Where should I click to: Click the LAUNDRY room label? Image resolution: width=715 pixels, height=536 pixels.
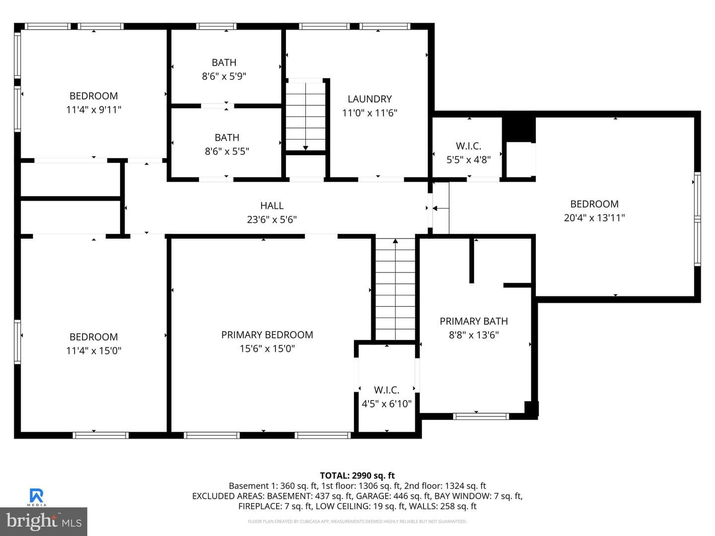click(369, 99)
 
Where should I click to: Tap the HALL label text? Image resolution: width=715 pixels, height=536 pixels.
click(272, 205)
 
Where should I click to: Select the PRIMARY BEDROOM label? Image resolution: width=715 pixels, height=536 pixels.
click(267, 335)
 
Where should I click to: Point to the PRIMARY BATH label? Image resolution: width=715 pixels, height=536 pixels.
click(474, 321)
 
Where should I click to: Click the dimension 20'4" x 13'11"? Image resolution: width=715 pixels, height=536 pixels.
click(594, 218)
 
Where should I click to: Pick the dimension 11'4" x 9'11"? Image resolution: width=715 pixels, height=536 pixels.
click(93, 110)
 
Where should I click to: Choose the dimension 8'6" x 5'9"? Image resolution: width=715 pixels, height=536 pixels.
click(224, 76)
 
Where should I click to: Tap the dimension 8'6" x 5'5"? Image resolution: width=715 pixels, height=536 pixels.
click(227, 151)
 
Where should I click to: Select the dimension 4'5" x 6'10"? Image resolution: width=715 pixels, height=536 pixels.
click(387, 404)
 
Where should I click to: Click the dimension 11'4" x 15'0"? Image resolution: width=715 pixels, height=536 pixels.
click(93, 351)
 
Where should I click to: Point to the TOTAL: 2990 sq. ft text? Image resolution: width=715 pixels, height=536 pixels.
click(357, 475)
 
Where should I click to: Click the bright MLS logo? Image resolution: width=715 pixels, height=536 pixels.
click(43, 521)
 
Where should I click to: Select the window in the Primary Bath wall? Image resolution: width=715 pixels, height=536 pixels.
click(481, 416)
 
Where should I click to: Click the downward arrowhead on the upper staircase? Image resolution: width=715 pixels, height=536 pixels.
click(305, 148)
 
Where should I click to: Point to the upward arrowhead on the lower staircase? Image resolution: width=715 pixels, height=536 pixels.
click(395, 241)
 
